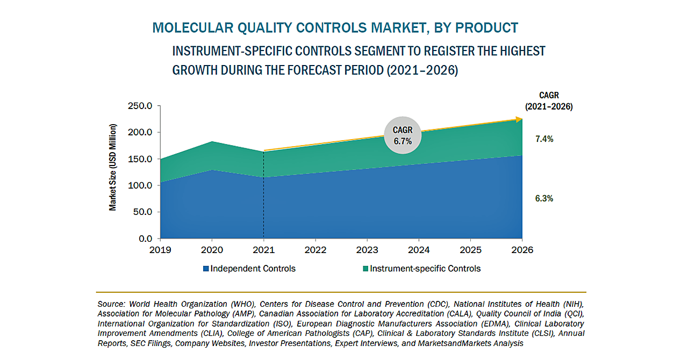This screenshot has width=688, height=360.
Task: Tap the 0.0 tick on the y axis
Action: point(146,239)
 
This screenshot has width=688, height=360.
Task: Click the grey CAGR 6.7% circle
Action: point(403,136)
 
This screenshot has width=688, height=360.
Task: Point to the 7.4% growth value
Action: point(544,139)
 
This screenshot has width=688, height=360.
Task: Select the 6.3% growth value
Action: point(544,198)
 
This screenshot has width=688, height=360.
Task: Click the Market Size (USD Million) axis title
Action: point(113,167)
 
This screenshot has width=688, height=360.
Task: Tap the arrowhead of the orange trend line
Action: point(519,119)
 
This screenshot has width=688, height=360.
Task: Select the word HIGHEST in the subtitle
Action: point(520,51)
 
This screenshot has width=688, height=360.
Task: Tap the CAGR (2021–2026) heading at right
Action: point(549,101)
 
